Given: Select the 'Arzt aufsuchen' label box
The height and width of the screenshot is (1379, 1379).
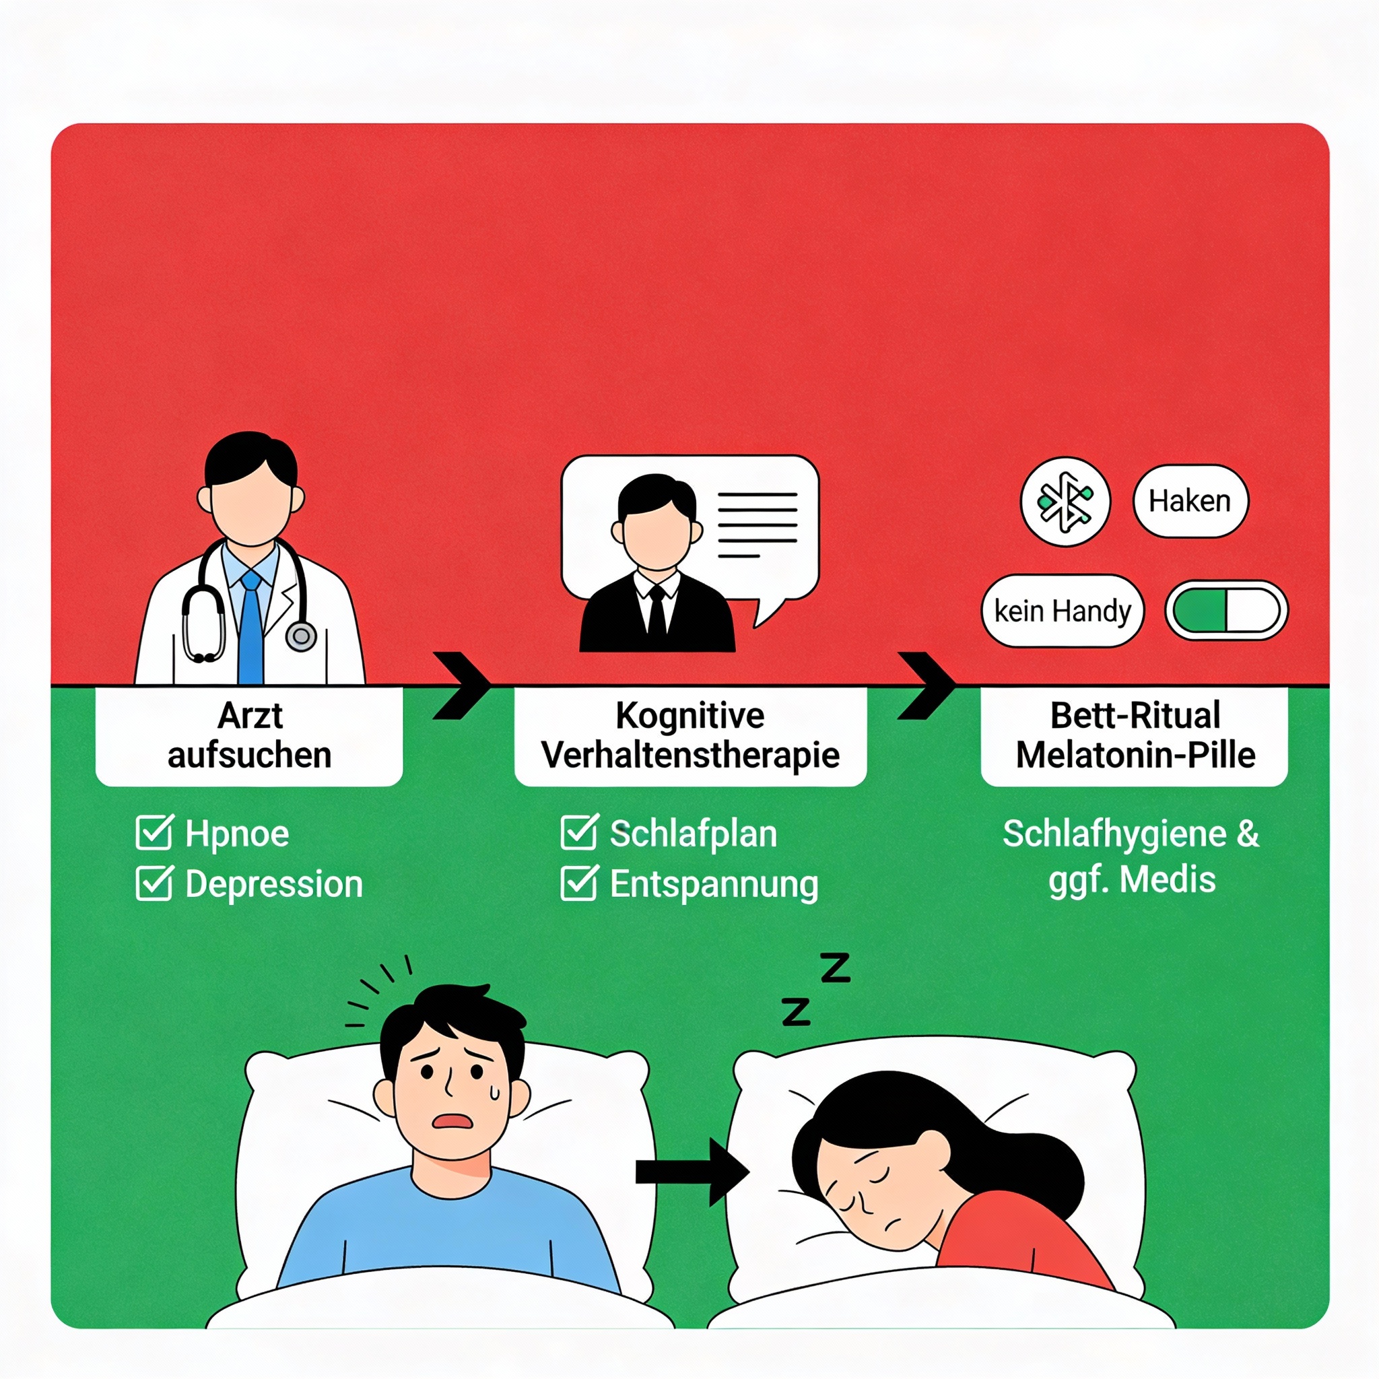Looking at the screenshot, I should (249, 736).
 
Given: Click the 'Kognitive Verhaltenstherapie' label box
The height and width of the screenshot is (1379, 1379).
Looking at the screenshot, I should (690, 736).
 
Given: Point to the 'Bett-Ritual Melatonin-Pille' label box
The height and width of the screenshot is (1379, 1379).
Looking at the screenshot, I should (1135, 736).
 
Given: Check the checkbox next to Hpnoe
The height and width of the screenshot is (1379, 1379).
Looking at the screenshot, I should (154, 833).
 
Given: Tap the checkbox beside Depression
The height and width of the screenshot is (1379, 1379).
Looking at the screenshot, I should (154, 883).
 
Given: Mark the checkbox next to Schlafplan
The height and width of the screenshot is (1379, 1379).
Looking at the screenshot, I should (579, 832).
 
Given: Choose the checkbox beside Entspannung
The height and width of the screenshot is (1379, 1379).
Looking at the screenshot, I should (579, 883).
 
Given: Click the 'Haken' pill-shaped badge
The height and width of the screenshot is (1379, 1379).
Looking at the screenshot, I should (1190, 501).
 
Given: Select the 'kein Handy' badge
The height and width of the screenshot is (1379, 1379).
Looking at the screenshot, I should (1062, 611).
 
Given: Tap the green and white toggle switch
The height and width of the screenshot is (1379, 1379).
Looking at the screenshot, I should (1226, 611).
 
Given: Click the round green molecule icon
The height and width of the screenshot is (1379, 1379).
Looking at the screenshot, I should (1065, 501).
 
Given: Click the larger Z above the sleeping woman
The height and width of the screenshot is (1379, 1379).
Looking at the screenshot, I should (835, 968).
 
